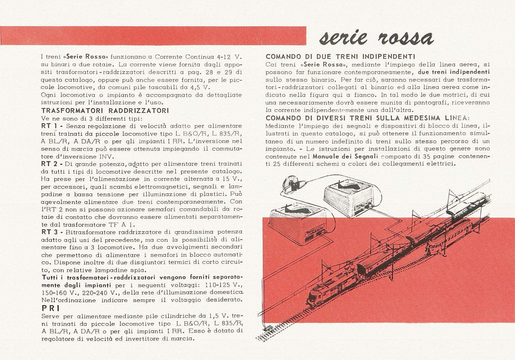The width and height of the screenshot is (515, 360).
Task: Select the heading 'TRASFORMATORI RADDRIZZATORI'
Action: pyautogui.click(x=105, y=111)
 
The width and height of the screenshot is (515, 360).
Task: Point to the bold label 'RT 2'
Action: pyautogui.click(x=50, y=164)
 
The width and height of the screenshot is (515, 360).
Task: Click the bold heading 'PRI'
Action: pyautogui.click(x=50, y=309)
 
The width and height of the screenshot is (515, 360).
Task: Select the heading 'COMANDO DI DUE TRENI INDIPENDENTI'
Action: pyautogui.click(x=340, y=57)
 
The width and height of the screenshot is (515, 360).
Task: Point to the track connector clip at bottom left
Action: pyautogui.click(x=267, y=329)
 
